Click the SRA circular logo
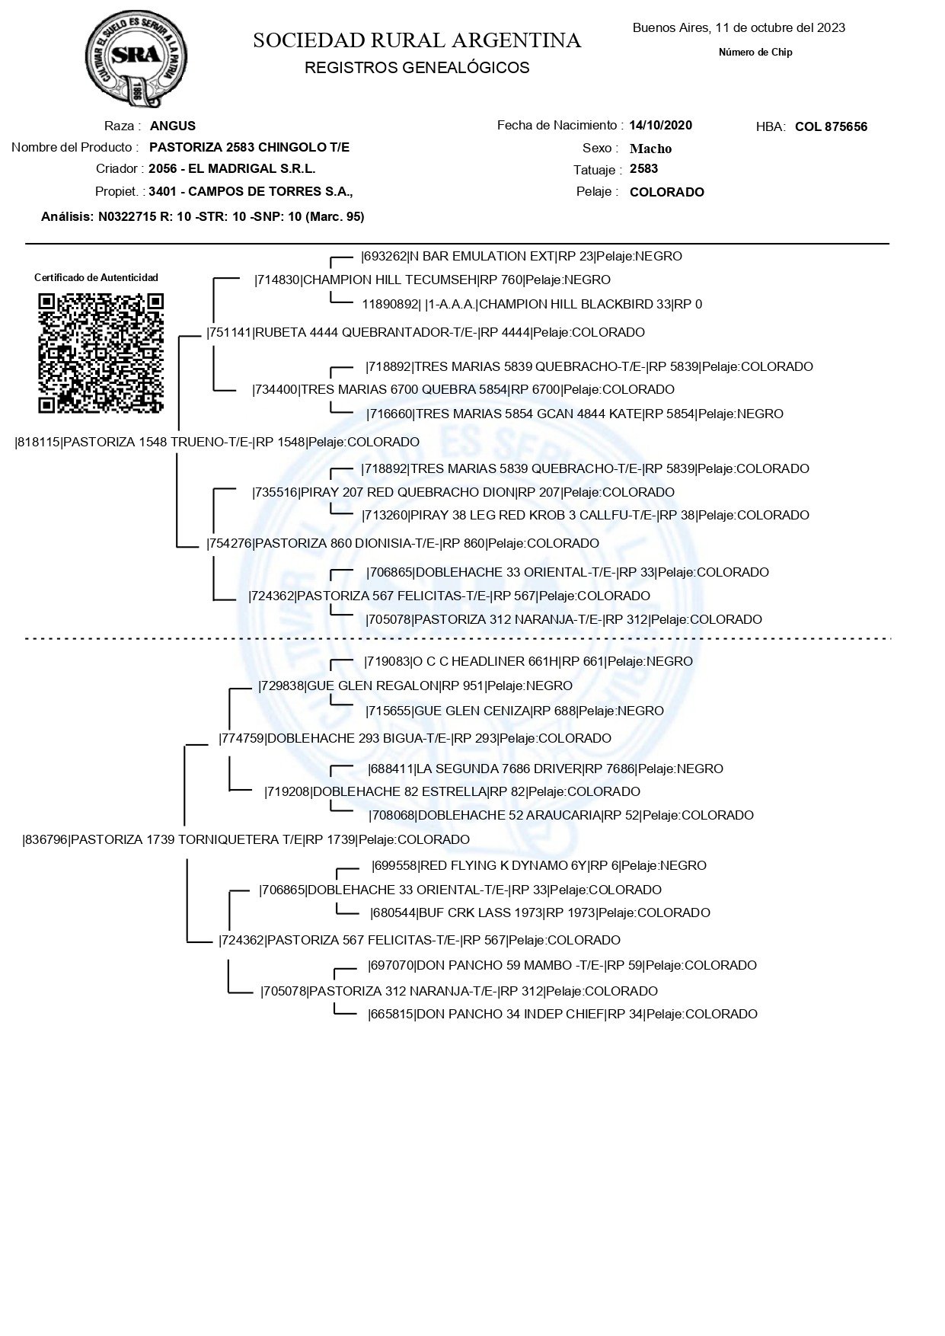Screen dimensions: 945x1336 [x=136, y=59]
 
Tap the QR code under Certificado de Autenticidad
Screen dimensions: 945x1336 [x=101, y=353]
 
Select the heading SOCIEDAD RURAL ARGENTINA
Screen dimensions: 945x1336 [x=417, y=40]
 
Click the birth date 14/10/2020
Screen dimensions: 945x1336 [x=661, y=125]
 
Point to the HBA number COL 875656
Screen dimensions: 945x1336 [x=831, y=126]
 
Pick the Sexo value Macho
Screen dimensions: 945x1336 [x=651, y=149]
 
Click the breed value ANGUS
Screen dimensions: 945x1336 [x=173, y=126]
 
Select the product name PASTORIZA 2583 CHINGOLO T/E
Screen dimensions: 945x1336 [x=250, y=147]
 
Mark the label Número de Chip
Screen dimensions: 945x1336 [x=755, y=53]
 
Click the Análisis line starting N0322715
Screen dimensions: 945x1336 [x=203, y=216]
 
